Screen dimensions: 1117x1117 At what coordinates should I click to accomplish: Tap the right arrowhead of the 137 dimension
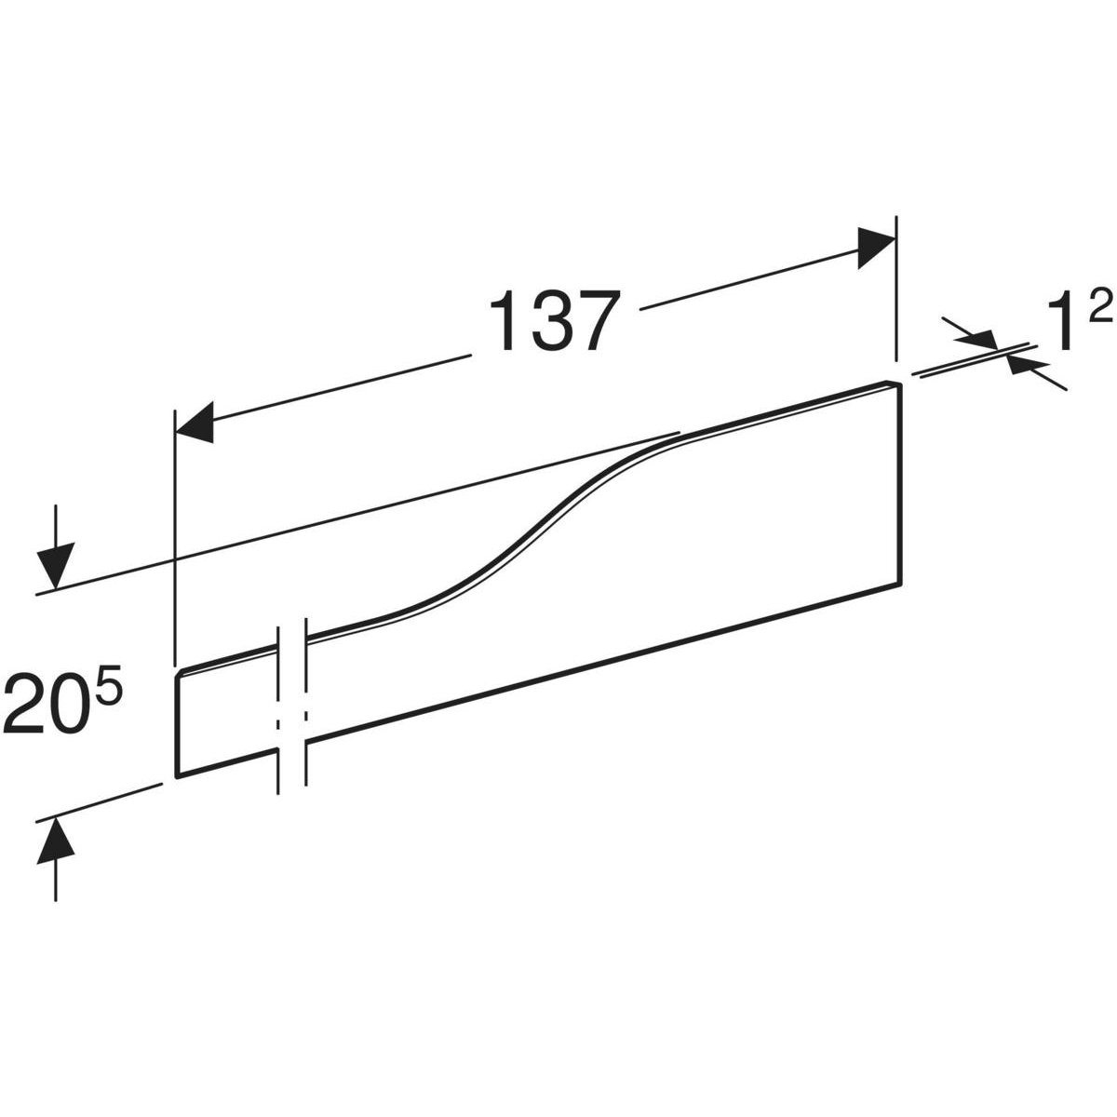[876, 248]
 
